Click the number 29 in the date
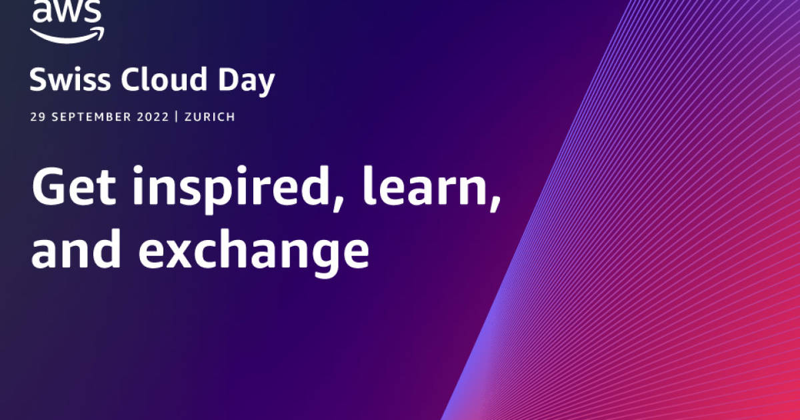tap(37, 117)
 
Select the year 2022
tap(153, 117)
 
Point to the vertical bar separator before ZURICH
tap(177, 117)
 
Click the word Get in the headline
tap(73, 188)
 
